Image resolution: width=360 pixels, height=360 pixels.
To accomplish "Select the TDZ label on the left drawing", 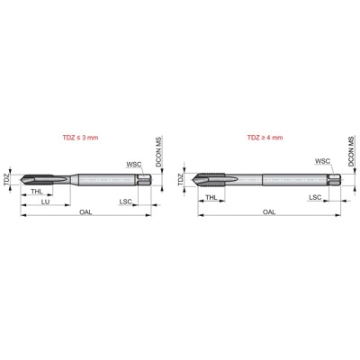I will click(x=8, y=180).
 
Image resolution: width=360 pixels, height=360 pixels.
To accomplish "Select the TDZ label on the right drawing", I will click(x=182, y=180).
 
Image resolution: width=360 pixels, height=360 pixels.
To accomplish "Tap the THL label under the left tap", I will click(x=36, y=193).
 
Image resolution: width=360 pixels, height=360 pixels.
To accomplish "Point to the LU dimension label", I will click(x=46, y=202).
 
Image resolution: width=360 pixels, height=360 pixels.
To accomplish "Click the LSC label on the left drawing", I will click(x=127, y=202).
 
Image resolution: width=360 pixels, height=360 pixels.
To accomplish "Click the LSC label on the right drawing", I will click(x=316, y=195).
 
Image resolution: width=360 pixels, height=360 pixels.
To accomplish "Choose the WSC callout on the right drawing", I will click(x=322, y=162).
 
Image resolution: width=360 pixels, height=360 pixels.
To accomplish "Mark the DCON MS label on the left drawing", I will click(x=158, y=150).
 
